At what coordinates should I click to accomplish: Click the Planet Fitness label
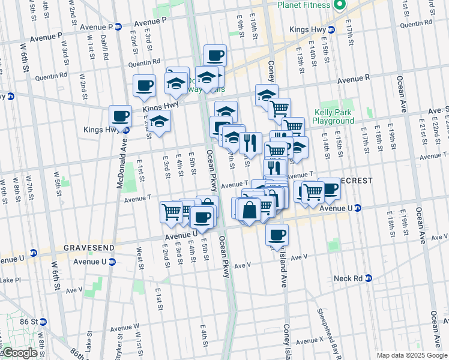(303, 5)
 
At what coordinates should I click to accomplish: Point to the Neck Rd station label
(348, 278)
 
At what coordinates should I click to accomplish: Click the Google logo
(20, 353)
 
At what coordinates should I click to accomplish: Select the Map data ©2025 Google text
(412, 355)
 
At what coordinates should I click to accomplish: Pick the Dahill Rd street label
(106, 49)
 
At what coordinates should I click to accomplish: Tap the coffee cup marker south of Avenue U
(277, 234)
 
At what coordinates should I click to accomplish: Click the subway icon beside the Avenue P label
(118, 27)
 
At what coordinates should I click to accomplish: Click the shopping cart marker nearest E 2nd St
(171, 211)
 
